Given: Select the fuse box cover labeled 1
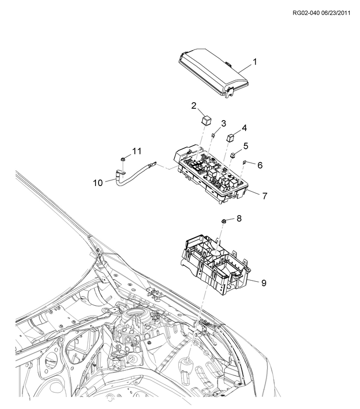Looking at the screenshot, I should (x=212, y=74).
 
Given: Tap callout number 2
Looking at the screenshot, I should (x=194, y=106).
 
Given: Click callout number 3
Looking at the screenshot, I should (x=223, y=124).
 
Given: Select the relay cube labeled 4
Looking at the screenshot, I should (x=230, y=137).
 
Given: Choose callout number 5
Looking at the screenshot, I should (x=246, y=146).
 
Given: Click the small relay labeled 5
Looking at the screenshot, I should (x=233, y=154).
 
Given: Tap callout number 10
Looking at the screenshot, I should (x=98, y=182).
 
